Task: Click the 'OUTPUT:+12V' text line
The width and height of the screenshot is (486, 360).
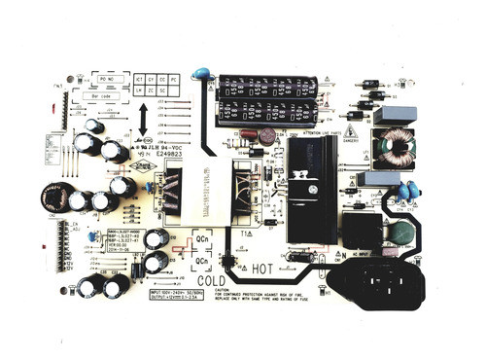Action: point(181,299)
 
